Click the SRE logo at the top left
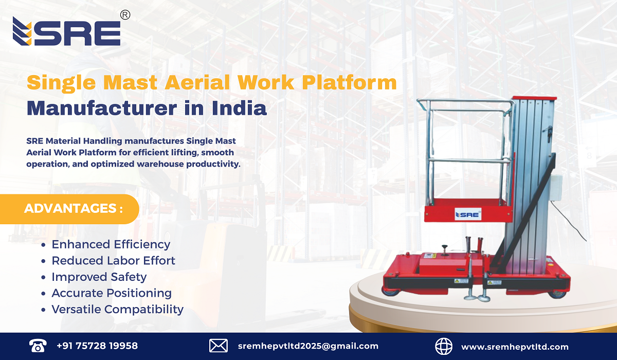coord(67,32)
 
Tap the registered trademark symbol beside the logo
coord(124,15)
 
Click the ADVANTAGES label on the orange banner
coord(74,209)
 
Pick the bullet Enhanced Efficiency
coord(111,244)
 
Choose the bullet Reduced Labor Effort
coord(113,261)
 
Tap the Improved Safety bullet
coord(99,277)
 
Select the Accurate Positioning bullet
coord(111,293)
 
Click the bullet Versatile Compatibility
coord(117,309)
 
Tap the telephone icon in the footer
coord(37,346)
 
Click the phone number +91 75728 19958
coord(97,346)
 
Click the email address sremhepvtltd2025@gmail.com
coord(308,346)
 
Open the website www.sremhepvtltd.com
coord(515,347)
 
